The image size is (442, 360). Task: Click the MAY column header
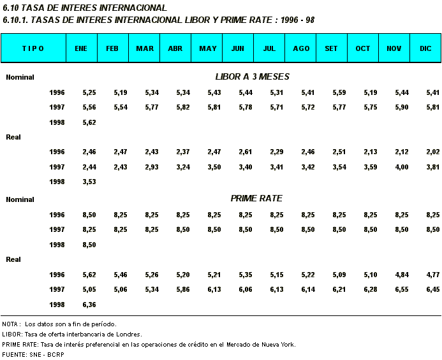pyautogui.click(x=208, y=48)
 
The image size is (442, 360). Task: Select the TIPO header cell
pyautogui.click(x=33, y=48)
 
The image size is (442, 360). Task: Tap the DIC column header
pyautogui.click(x=425, y=48)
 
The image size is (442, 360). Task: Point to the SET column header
pyautogui.click(x=332, y=48)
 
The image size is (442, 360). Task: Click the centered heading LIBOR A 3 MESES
pyautogui.click(x=252, y=77)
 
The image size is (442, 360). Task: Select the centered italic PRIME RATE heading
pyautogui.click(x=256, y=199)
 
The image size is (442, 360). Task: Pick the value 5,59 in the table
pyautogui.click(x=339, y=93)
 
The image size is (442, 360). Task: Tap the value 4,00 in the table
pyautogui.click(x=402, y=167)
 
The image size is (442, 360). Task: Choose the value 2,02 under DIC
pyautogui.click(x=433, y=152)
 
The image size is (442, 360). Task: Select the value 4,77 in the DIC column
pyautogui.click(x=433, y=275)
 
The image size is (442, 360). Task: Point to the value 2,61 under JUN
pyautogui.click(x=246, y=152)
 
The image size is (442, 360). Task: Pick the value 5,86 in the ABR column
pyautogui.click(x=183, y=290)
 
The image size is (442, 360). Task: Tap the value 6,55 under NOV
pyautogui.click(x=402, y=290)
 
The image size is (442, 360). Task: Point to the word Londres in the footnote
pyautogui.click(x=129, y=334)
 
